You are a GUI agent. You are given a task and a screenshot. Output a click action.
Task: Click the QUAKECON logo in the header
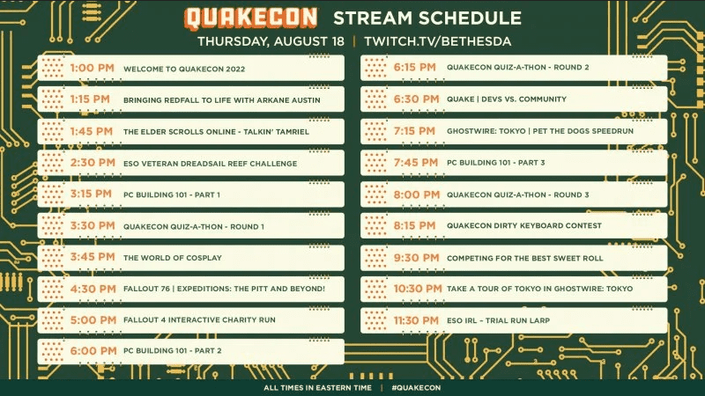click(x=250, y=18)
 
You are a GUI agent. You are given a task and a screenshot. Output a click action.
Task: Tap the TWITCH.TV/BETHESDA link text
click(x=437, y=41)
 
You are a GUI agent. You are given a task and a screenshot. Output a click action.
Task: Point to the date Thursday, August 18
click(x=271, y=41)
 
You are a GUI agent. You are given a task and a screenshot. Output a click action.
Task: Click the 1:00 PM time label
click(x=93, y=69)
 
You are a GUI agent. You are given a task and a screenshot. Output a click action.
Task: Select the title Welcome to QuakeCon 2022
click(x=184, y=70)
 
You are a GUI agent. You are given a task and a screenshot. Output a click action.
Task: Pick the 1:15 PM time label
click(x=90, y=99)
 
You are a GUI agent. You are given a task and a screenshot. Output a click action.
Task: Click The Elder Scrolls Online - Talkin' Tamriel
click(x=216, y=132)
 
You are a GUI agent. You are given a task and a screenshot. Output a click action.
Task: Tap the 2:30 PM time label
click(x=93, y=163)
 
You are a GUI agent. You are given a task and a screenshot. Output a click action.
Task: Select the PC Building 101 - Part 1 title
click(x=172, y=194)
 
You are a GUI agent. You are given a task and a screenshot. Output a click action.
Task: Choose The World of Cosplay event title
click(x=173, y=258)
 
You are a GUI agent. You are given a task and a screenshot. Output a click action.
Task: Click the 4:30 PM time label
click(x=93, y=289)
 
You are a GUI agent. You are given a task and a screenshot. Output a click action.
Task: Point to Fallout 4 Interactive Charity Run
click(x=199, y=320)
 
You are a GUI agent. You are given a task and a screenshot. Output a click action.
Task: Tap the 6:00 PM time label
click(x=93, y=350)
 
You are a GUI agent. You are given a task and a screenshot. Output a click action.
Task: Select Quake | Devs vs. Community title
click(x=507, y=99)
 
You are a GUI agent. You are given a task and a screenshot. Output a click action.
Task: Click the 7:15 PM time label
click(x=414, y=131)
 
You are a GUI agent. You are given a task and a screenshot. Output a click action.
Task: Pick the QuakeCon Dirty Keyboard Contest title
click(x=524, y=226)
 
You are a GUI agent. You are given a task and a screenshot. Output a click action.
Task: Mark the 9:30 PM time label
click(x=416, y=258)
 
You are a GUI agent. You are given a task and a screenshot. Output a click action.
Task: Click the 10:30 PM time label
click(x=418, y=289)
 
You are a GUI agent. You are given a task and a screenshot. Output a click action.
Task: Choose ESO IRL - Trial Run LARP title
click(x=498, y=320)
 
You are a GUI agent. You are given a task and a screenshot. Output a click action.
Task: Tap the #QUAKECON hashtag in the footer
click(x=416, y=388)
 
